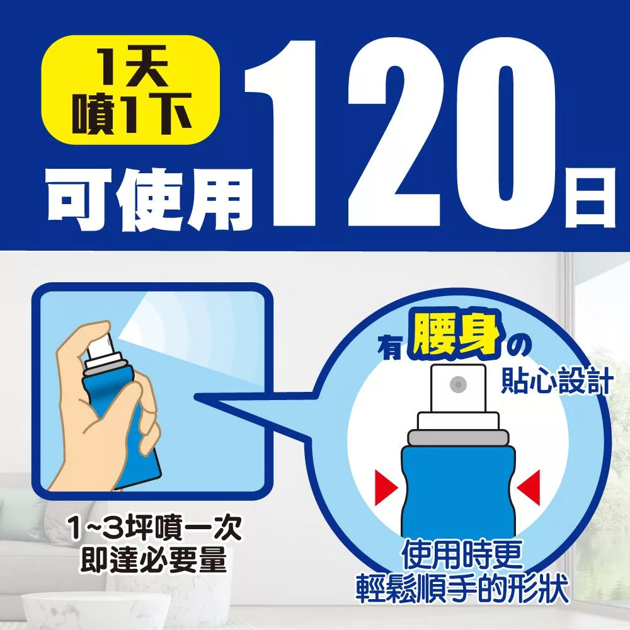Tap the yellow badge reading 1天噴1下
click(x=131, y=89)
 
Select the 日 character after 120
click(x=590, y=198)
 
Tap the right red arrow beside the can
click(x=528, y=488)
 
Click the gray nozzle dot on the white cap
click(x=458, y=384)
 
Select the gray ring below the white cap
click(x=458, y=437)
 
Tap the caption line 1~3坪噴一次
click(x=155, y=528)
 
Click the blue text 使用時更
click(x=462, y=555)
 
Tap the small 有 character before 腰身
click(x=390, y=347)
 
